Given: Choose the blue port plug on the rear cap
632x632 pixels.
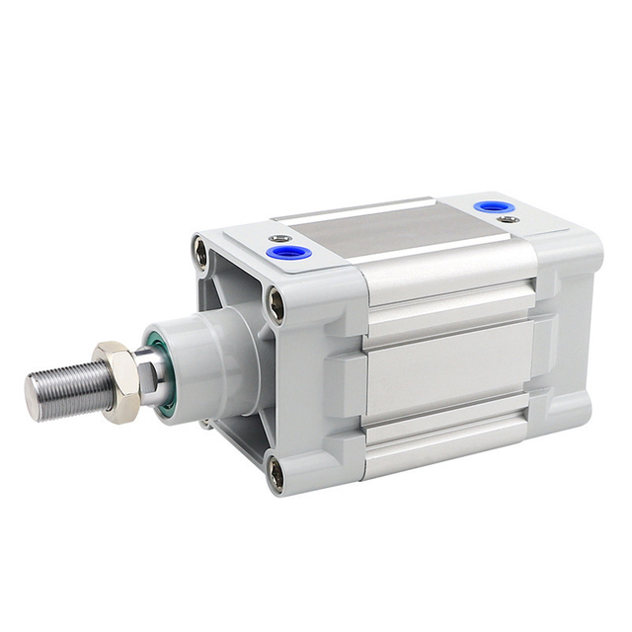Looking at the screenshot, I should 487,206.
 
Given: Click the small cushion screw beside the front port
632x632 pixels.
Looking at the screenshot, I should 280,238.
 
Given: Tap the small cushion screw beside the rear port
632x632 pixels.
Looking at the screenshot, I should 508,219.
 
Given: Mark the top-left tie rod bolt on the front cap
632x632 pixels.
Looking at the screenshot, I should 201,253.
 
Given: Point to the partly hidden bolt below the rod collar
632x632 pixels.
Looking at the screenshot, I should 207,425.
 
